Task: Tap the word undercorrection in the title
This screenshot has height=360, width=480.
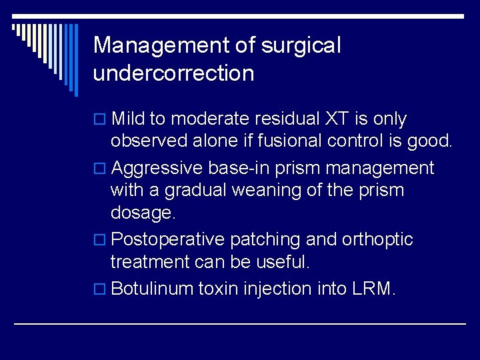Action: tap(173, 73)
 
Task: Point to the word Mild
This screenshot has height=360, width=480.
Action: tap(128, 119)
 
